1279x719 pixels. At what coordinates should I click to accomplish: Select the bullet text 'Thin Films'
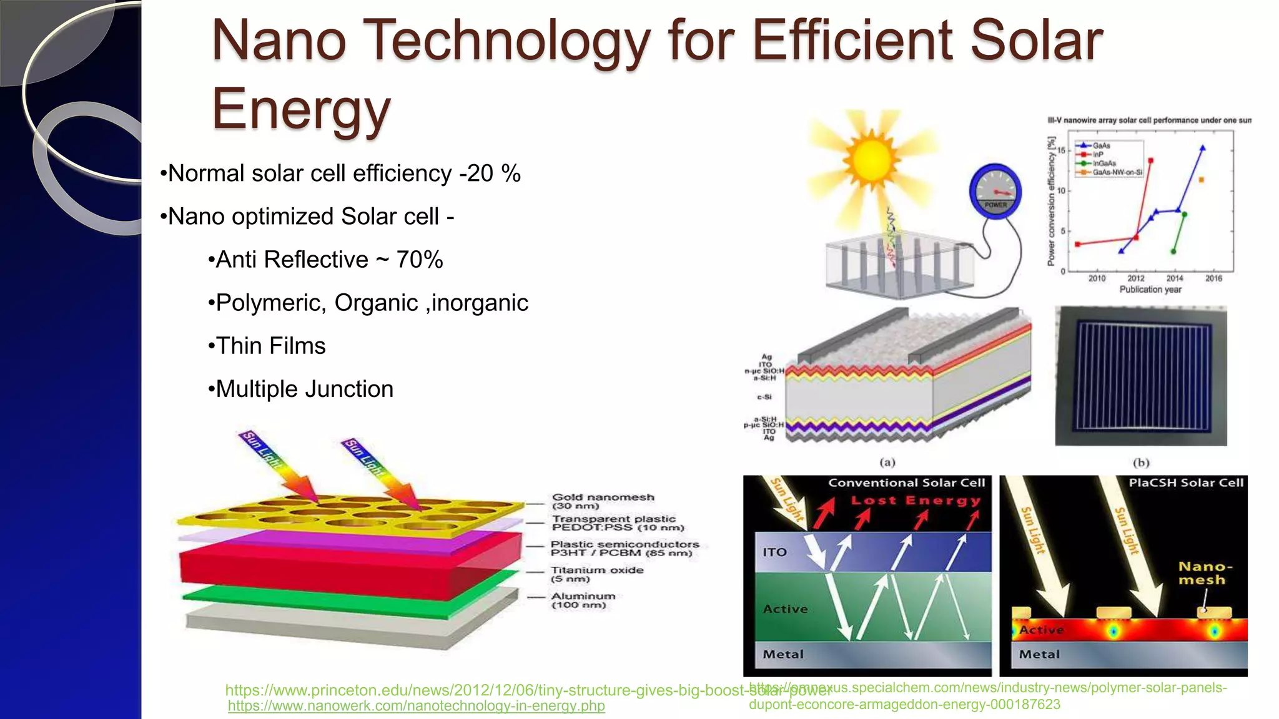[x=270, y=346]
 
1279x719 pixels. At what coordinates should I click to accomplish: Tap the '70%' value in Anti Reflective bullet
[x=420, y=260]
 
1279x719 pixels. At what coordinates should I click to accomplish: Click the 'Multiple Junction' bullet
[x=304, y=389]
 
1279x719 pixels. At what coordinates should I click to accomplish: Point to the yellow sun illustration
[x=871, y=159]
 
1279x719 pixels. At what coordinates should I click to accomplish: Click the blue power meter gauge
[x=995, y=190]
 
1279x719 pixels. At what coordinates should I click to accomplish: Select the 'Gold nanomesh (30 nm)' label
[x=603, y=501]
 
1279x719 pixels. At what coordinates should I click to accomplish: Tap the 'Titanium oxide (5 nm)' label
[x=596, y=574]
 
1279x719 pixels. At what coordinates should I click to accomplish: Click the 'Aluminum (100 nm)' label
[x=583, y=600]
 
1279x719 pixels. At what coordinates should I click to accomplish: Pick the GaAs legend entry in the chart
[x=1100, y=145]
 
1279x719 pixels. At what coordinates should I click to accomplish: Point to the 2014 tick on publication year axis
[x=1174, y=278]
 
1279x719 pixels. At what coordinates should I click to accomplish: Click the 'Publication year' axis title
[x=1150, y=290]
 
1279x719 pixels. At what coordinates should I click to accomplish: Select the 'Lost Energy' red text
[x=916, y=501]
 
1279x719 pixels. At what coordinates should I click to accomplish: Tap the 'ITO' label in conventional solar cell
[x=774, y=552]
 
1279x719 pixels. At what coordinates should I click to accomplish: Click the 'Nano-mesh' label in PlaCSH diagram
[x=1205, y=573]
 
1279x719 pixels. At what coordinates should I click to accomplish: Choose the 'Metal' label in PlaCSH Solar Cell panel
[x=1039, y=654]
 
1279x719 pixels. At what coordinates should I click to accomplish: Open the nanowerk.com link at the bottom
[x=416, y=706]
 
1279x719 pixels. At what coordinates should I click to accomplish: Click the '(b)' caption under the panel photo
[x=1141, y=462]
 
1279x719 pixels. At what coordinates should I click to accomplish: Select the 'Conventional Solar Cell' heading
[x=906, y=482]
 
